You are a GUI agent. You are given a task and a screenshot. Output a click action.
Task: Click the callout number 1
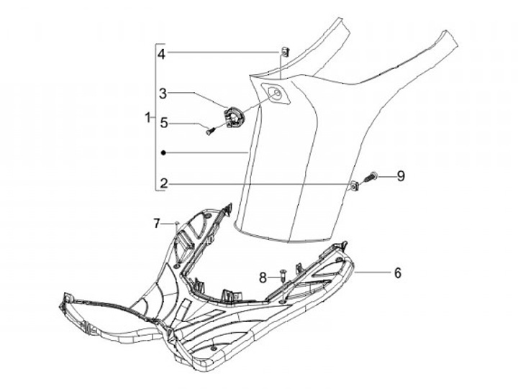pos(148,117)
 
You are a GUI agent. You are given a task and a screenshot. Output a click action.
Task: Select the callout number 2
pos(164,184)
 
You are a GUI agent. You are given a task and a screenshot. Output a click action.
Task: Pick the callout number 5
pos(163,123)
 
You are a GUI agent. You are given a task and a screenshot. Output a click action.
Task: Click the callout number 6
pos(396,273)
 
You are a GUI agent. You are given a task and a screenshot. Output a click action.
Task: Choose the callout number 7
pos(155,224)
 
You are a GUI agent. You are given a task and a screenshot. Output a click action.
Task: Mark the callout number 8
pos(263,276)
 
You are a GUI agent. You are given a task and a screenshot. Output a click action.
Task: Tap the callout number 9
pos(401,175)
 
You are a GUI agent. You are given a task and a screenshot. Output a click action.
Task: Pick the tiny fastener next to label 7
pos(176,224)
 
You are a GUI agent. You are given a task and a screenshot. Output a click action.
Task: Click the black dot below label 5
pos(164,152)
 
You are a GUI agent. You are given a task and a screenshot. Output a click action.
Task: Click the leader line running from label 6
pos(372,273)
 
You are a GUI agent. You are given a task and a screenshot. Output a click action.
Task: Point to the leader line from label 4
pos(223,52)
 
